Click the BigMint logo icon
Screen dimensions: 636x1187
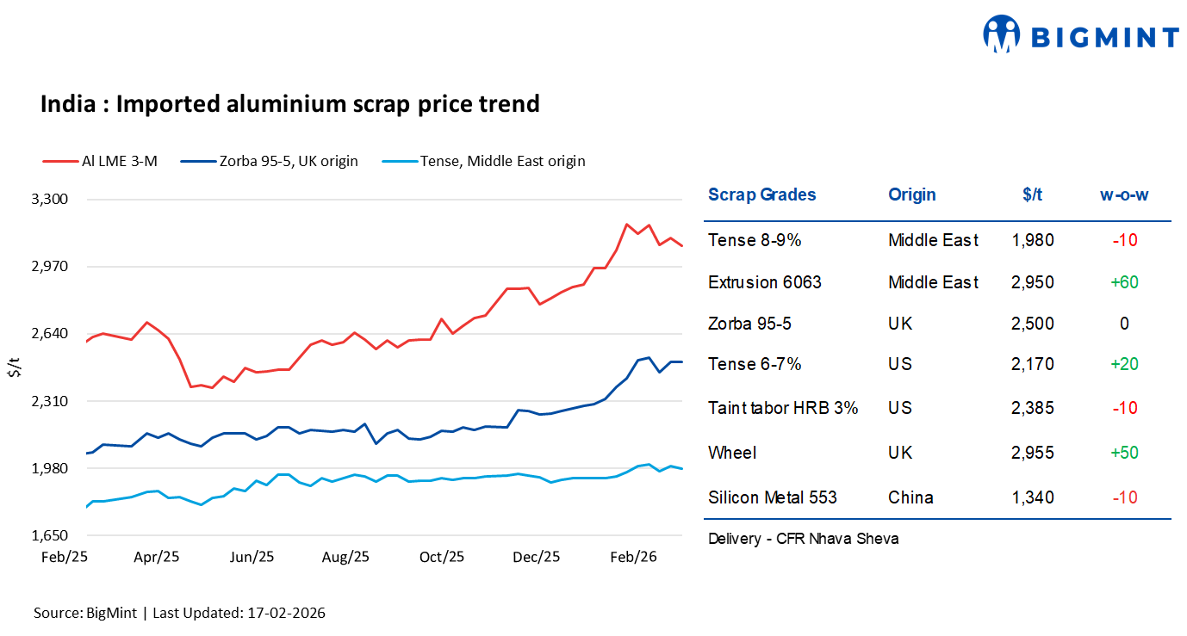(x=1001, y=35)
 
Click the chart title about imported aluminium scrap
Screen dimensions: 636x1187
(x=289, y=104)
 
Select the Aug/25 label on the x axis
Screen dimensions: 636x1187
(x=345, y=557)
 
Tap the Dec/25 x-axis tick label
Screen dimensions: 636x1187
(x=536, y=557)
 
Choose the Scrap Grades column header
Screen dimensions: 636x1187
(x=761, y=195)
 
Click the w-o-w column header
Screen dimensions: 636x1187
(x=1124, y=195)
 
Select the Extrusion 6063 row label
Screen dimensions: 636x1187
(x=764, y=282)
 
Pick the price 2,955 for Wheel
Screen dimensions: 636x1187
(x=1033, y=453)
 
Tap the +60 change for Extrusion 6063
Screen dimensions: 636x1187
(x=1124, y=282)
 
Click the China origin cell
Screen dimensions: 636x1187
(x=910, y=497)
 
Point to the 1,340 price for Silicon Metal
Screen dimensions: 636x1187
(x=1033, y=497)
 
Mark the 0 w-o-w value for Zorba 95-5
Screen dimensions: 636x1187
(x=1124, y=324)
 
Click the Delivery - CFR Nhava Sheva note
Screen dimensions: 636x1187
(x=803, y=539)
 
